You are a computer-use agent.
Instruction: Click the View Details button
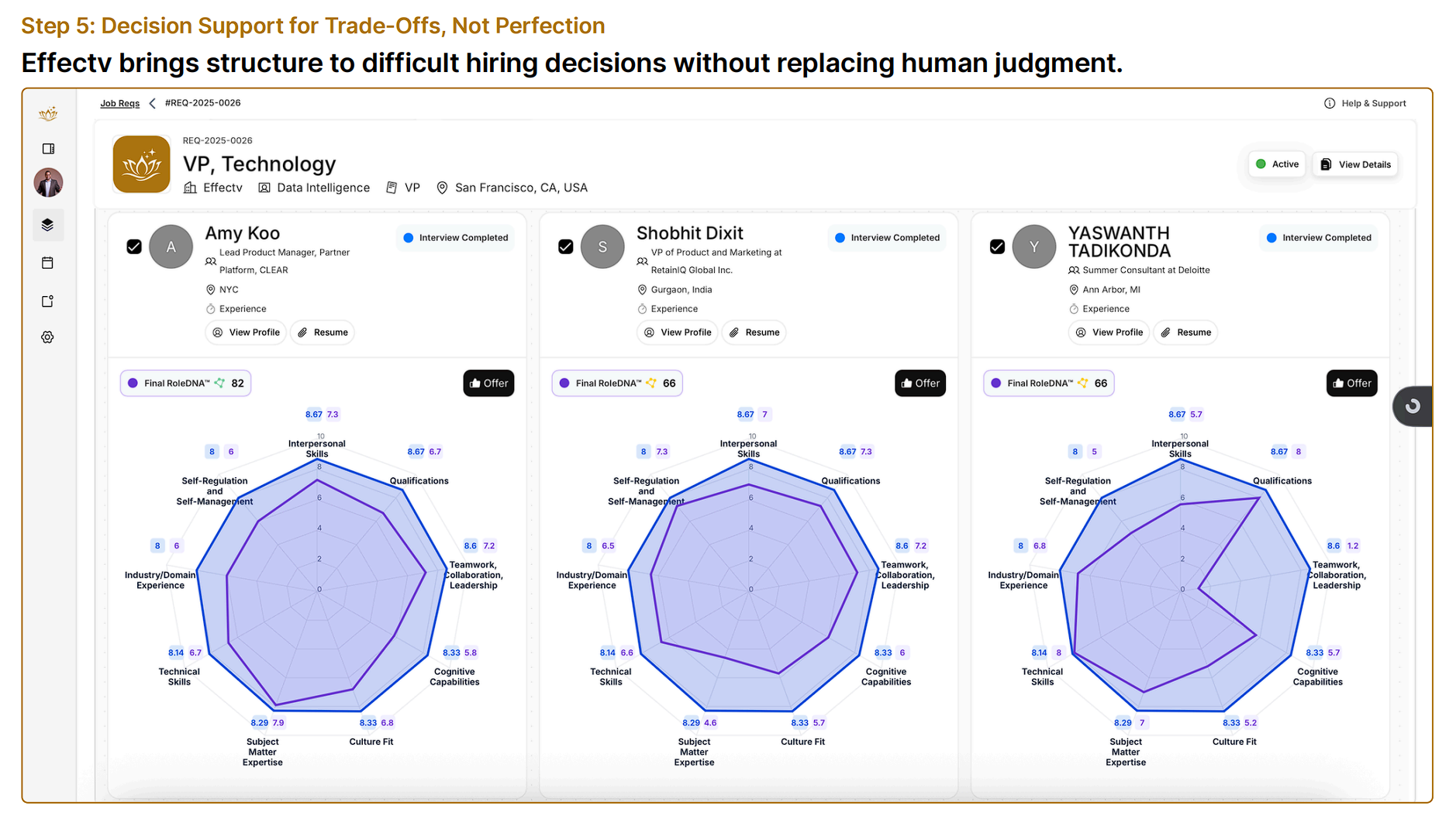(1355, 164)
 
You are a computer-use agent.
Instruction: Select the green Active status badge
(1277, 164)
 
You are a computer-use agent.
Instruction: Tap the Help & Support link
(1365, 103)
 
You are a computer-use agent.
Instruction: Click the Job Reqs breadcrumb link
(119, 103)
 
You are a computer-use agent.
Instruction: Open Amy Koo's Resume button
(323, 332)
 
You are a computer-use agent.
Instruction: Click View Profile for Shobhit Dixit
(678, 332)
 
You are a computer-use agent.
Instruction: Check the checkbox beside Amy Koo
(134, 246)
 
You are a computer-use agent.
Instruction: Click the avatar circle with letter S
(602, 246)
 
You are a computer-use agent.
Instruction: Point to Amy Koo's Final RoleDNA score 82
(237, 383)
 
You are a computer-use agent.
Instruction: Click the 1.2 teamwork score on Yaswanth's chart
(1353, 546)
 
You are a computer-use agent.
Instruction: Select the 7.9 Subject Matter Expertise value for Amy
(278, 723)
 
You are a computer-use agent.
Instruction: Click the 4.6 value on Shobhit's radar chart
(710, 723)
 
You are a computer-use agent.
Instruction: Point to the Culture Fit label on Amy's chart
(371, 742)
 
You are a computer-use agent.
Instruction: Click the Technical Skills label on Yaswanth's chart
(1042, 677)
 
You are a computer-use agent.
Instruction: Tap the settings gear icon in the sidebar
(48, 337)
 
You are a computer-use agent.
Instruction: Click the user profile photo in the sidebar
(48, 183)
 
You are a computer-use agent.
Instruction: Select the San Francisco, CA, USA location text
(521, 188)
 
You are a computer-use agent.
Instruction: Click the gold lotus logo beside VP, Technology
(142, 164)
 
